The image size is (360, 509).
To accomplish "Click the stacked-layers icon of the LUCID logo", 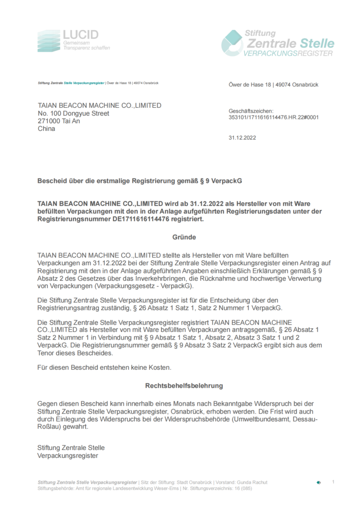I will click(x=49, y=41).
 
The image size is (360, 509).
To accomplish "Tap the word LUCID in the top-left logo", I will click(x=81, y=35).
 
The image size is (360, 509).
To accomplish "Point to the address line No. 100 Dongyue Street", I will click(x=74, y=113).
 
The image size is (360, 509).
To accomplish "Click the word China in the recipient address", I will click(x=47, y=129).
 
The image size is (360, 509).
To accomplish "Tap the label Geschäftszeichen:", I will click(x=251, y=111).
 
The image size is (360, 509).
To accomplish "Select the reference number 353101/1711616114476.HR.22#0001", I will click(x=273, y=118).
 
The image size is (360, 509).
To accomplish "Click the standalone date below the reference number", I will click(x=242, y=138).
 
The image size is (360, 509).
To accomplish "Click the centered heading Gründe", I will click(x=184, y=238).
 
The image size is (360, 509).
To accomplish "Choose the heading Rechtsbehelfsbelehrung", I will click(x=184, y=385).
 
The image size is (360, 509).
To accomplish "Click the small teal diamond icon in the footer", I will click(x=318, y=483).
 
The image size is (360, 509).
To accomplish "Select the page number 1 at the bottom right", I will click(x=333, y=482).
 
